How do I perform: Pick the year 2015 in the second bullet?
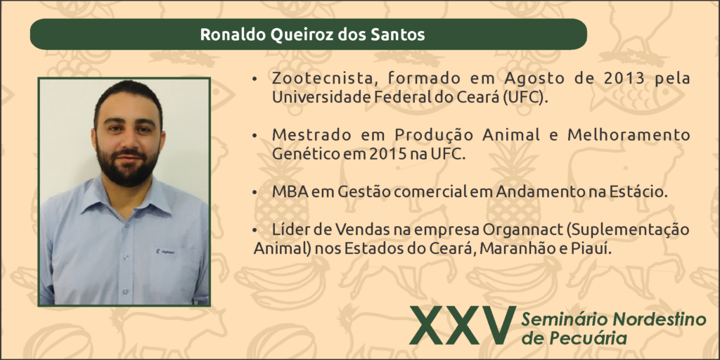coord(387,154)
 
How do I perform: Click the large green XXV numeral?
coord(463,326)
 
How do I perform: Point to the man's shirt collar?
coord(127,199)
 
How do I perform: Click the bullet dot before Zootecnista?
coord(255,79)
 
